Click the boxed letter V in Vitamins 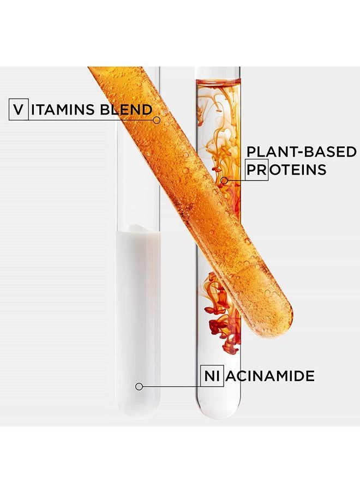coord(19,110)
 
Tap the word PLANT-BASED coord(301,152)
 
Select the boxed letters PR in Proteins coord(256,170)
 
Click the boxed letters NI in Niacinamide coord(212,376)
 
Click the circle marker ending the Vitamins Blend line coord(157,119)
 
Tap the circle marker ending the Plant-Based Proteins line coord(224,179)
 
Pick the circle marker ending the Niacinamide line coord(139,386)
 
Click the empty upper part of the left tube coord(136,175)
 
